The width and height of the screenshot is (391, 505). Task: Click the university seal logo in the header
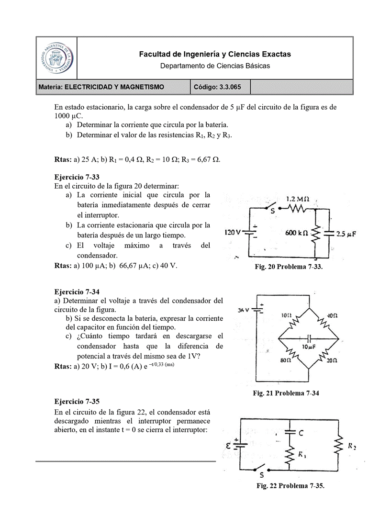pos(56,58)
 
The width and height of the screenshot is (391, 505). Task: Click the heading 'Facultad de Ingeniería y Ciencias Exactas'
pos(215,55)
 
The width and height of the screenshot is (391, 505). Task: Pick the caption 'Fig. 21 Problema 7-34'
pos(286,393)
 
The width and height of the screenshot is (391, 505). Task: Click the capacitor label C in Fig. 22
pos(301,433)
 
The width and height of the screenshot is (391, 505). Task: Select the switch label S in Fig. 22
pos(261,476)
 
